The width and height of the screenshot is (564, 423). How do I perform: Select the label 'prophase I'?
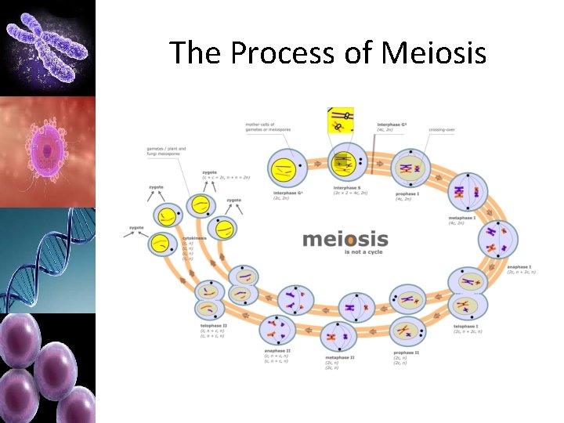pyautogui.click(x=407, y=193)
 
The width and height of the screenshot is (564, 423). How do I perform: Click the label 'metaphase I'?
pyautogui.click(x=461, y=218)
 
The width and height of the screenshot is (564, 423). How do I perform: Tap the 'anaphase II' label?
pyautogui.click(x=277, y=350)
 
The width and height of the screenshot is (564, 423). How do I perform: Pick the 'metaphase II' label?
pyautogui.click(x=340, y=357)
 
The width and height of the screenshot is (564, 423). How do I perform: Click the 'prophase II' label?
pyautogui.click(x=406, y=352)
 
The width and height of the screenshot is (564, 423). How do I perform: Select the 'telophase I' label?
pyautogui.click(x=466, y=326)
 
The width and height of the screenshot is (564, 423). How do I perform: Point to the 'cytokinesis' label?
pyautogui.click(x=194, y=237)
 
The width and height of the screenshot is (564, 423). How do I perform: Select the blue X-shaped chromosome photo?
pyautogui.click(x=46, y=47)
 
